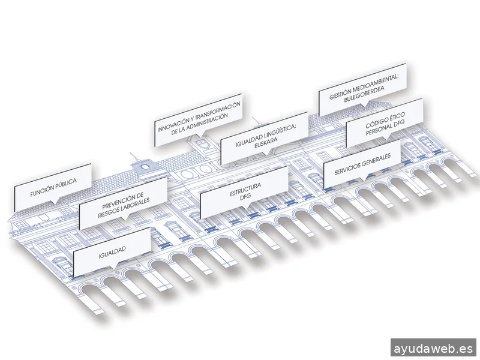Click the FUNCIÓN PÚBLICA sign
(53, 187)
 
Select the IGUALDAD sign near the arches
(112, 253)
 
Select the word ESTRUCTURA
(245, 190)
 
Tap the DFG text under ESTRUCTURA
(246, 197)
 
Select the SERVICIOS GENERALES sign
(362, 164)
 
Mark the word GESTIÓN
(340, 94)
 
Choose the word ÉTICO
(397, 117)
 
